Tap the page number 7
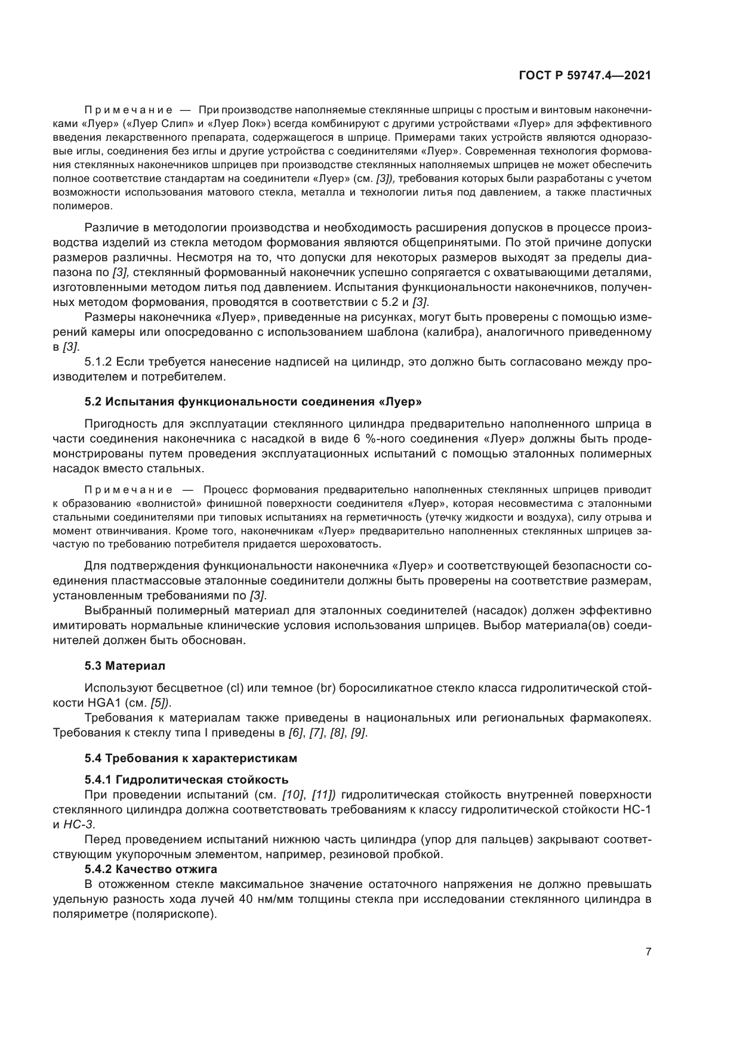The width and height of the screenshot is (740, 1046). [x=648, y=952]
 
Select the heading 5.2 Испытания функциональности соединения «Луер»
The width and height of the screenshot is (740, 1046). [x=254, y=401]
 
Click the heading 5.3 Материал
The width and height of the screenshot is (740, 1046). [x=125, y=665]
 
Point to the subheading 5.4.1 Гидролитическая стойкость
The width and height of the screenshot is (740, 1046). [x=187, y=780]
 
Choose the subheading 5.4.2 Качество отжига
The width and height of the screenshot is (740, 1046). [x=150, y=868]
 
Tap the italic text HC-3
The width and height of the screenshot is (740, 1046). [x=78, y=824]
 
